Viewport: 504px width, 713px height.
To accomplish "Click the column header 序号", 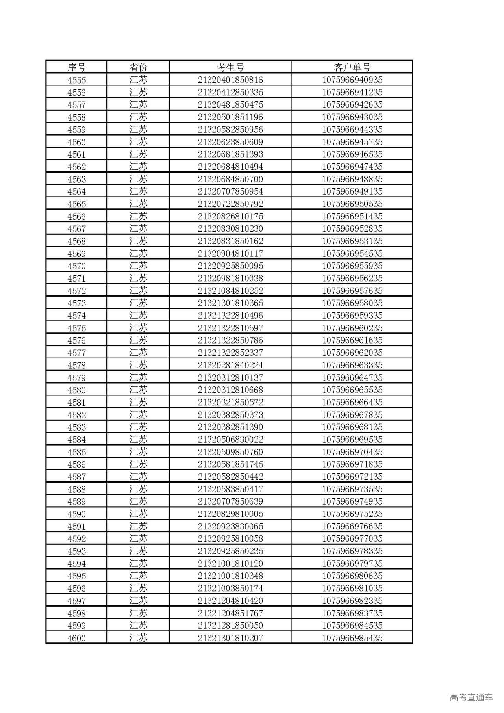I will [76, 67].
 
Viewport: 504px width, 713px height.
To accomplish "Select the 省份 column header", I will [138, 67].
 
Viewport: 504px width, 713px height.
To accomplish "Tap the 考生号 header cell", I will [230, 67].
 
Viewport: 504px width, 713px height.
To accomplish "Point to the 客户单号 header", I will [352, 67].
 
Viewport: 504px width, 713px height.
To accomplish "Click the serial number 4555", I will [76, 80].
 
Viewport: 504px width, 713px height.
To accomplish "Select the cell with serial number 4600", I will [76, 638].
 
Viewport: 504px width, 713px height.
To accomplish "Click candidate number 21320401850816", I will [230, 80].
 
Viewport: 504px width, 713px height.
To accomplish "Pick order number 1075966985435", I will [352, 638].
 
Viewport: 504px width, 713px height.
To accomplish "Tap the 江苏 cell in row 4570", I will [138, 266].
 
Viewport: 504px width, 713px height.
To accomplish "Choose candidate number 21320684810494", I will [230, 167].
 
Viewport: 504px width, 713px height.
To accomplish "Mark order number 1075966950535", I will [352, 204].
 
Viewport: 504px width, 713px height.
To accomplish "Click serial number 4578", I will [76, 365].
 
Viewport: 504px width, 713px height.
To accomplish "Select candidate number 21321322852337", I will [230, 353].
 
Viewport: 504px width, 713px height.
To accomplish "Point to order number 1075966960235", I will [352, 328].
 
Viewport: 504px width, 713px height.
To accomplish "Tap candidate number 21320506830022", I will [230, 440].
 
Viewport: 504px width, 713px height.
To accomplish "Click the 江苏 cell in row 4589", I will [138, 501].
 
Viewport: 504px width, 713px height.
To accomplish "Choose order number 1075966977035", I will [352, 538].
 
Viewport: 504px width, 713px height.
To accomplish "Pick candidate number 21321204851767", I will [230, 613].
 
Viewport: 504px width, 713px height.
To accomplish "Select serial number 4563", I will [76, 179].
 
